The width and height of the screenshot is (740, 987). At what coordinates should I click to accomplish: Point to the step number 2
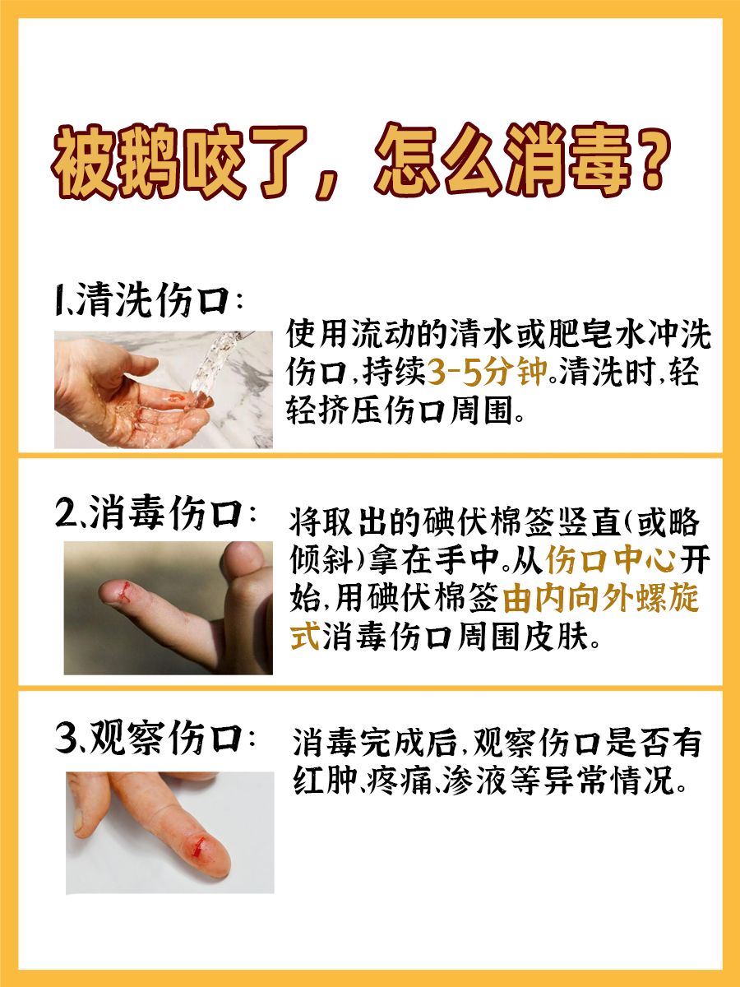click(66, 515)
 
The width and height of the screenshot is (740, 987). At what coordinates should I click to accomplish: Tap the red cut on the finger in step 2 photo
click(124, 590)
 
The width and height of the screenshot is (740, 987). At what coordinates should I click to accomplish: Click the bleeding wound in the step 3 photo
click(197, 845)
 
